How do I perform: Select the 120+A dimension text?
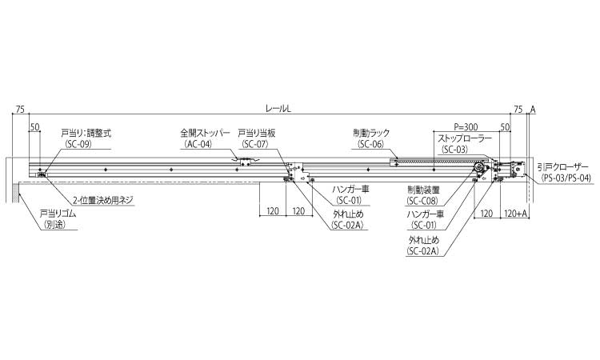516,214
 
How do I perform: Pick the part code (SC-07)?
255,145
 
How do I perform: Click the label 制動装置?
422,189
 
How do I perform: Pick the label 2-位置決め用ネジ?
102,200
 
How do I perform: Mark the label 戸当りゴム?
56,214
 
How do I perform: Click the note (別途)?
55,226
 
